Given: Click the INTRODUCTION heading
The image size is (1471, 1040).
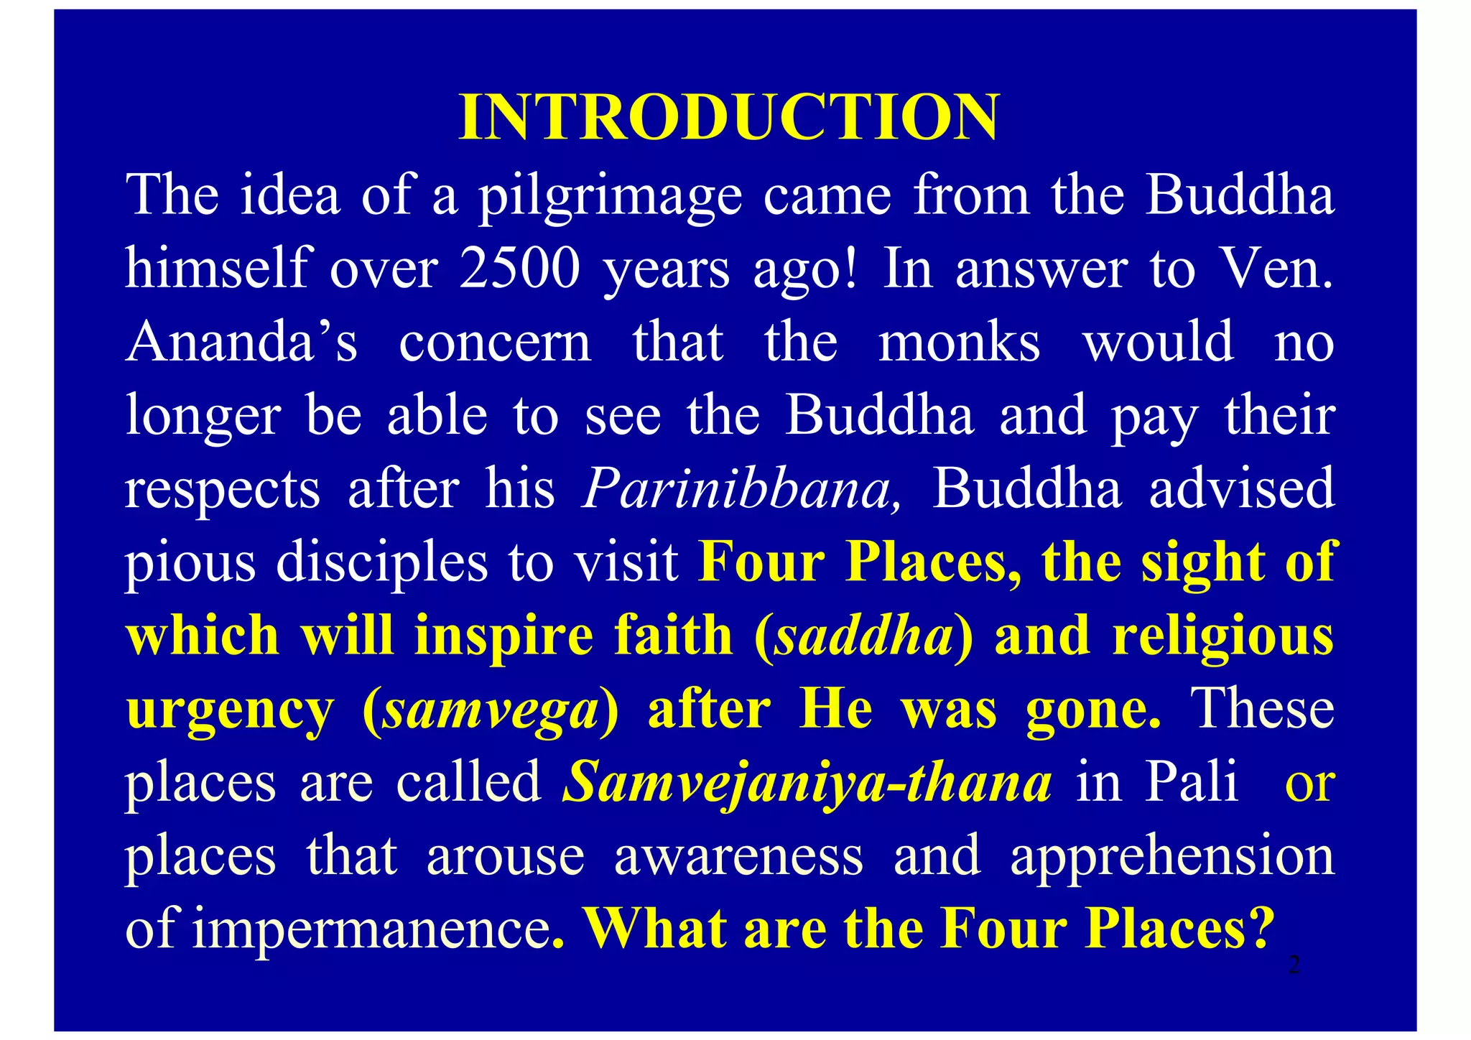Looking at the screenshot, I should coord(728,117).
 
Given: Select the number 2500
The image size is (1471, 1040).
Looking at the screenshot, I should coord(519,269).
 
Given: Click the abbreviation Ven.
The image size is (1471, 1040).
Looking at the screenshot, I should coord(1278,269).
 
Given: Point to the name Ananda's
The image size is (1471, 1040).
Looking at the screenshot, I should coord(241,342).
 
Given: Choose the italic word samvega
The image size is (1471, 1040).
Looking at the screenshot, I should coord(491,710).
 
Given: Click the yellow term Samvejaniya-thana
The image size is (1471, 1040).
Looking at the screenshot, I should coord(807,783).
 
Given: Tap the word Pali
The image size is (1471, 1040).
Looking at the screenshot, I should coord(1192,783).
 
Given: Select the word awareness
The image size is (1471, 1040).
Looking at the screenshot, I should coord(738,856).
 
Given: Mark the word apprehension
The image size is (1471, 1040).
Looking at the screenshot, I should coord(1172,856).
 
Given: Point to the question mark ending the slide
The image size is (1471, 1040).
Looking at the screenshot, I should coord(1261,929).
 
